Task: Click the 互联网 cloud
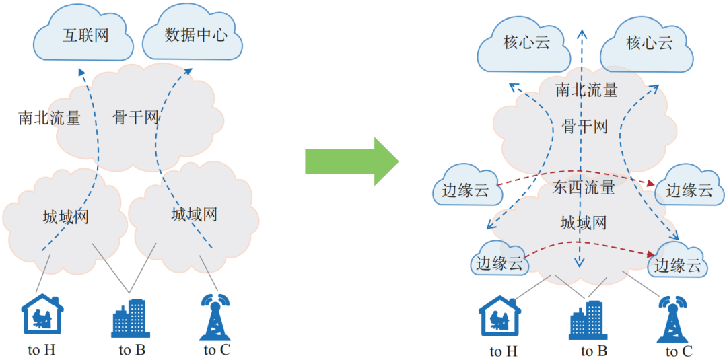[85, 36]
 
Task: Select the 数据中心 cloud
[193, 36]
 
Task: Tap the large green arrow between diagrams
[351, 161]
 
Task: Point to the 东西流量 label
[584, 187]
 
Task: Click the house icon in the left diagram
[42, 314]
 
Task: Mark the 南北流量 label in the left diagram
[50, 119]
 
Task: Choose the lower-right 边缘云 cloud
[678, 265]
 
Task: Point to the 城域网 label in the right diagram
[584, 222]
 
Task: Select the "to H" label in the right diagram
[504, 351]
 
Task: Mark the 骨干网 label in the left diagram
[136, 119]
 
